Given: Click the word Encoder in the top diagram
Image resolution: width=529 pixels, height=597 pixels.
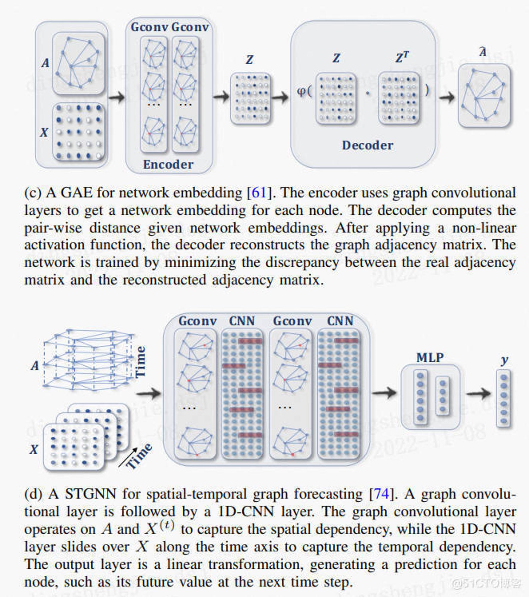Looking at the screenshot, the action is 168,164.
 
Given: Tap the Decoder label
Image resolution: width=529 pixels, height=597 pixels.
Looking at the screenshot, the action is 367,145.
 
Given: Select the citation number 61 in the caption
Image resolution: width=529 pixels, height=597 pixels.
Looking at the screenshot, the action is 259,193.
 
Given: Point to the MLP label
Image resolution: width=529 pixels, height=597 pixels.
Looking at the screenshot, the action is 430,357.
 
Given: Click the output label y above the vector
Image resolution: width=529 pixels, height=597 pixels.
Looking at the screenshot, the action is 505,361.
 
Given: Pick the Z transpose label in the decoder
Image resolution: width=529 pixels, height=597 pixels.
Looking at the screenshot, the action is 402,57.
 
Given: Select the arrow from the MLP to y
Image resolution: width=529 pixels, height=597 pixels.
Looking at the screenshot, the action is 478,394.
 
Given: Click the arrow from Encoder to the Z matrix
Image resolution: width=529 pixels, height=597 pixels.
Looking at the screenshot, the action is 221,96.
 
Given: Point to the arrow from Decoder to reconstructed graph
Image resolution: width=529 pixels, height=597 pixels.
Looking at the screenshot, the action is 447,97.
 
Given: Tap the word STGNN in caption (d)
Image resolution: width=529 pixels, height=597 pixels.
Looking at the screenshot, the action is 90,494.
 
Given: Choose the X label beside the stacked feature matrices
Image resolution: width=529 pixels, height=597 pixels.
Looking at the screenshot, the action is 34,449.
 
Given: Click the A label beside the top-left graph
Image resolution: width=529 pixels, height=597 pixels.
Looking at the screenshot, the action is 45,63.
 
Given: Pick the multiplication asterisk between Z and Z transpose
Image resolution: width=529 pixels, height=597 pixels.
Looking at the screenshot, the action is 367,93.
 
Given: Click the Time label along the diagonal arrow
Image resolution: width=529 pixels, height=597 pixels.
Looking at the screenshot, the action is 139,456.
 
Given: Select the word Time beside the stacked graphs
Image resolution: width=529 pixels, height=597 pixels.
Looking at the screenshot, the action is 140,361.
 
